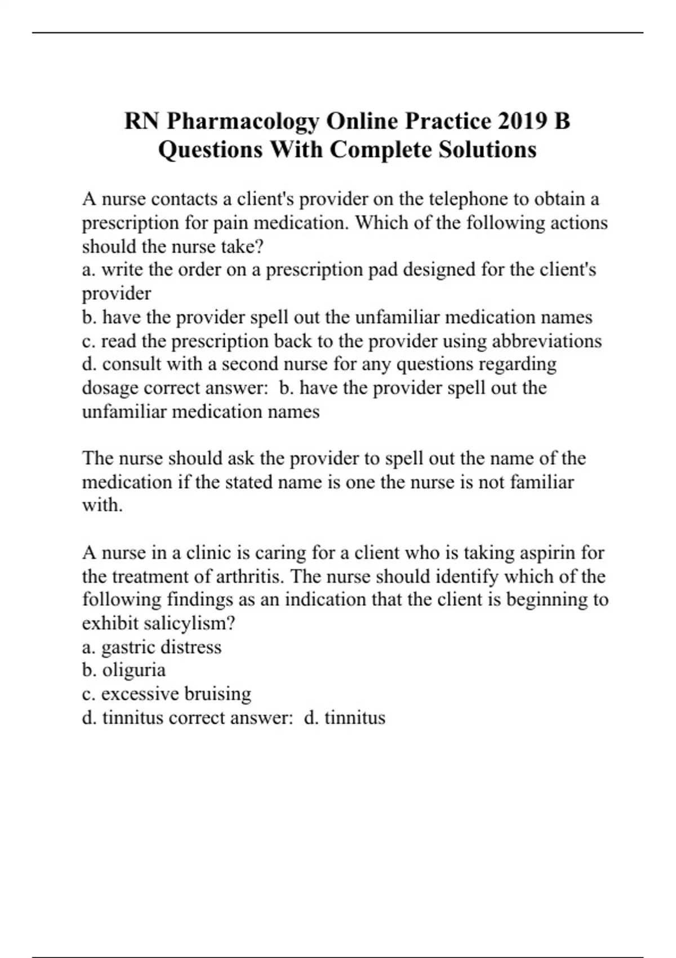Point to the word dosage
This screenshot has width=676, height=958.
[110, 388]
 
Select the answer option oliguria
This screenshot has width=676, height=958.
[134, 671]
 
